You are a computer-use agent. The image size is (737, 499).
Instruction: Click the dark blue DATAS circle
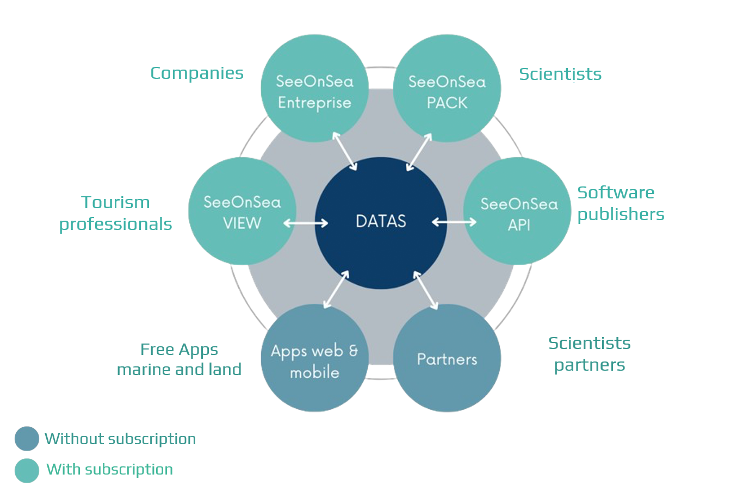coord(381,223)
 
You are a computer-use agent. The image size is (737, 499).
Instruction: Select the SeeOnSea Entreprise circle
coord(314,88)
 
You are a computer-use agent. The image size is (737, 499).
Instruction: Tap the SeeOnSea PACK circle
coord(447,88)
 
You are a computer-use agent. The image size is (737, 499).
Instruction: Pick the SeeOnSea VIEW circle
coord(242,211)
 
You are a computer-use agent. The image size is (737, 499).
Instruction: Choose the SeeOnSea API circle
coord(517,211)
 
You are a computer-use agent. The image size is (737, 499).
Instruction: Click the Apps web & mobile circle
coord(314,358)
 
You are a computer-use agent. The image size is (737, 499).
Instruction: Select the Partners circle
coord(447,358)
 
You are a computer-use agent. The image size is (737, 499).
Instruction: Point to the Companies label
coord(197,73)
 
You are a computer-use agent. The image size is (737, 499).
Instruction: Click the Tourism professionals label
coord(115,213)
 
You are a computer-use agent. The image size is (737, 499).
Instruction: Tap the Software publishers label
coord(621,204)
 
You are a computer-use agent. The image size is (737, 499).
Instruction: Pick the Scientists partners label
coord(589,354)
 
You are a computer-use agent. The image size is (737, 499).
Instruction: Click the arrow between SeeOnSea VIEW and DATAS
coord(306,223)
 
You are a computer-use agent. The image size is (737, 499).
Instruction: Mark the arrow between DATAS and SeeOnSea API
coord(454,222)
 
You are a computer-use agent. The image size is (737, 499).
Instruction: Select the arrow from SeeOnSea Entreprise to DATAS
coord(344,151)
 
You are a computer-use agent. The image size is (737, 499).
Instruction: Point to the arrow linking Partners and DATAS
coord(425,290)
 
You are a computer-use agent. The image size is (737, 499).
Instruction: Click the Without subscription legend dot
coord(27,439)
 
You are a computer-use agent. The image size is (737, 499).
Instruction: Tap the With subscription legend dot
coord(27,470)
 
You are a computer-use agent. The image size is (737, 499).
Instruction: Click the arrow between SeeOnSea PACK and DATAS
coord(419,152)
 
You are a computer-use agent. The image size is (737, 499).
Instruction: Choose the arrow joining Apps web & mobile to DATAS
coord(336,289)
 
